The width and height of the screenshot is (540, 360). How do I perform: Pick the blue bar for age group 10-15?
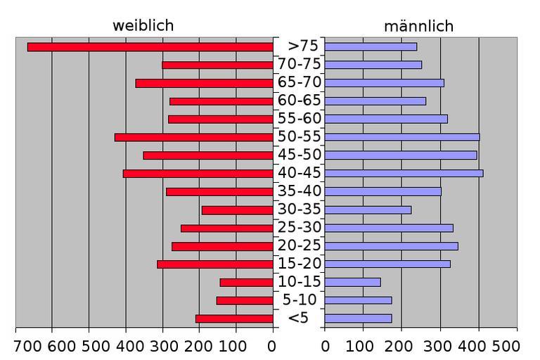click(x=352, y=282)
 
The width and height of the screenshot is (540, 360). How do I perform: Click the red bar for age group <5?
click(x=234, y=319)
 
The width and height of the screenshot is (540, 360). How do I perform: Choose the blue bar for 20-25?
click(x=391, y=246)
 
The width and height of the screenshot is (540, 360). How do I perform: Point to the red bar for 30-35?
click(x=237, y=210)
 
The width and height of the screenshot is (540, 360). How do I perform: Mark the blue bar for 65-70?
click(x=384, y=83)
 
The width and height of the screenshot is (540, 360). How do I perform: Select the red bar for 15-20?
click(x=214, y=264)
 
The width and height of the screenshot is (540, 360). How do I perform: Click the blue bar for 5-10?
click(x=358, y=300)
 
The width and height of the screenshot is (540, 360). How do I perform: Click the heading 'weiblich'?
click(x=143, y=26)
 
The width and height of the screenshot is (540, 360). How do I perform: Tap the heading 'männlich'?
click(x=418, y=27)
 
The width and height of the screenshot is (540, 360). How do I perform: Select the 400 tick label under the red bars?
click(x=127, y=346)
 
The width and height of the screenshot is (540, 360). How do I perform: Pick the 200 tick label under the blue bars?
click(x=401, y=346)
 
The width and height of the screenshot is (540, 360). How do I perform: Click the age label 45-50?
click(x=299, y=155)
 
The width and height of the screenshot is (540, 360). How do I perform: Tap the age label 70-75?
click(x=299, y=64)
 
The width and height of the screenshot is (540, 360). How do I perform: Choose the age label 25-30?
click(x=299, y=228)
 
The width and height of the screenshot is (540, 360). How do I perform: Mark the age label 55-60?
click(x=299, y=118)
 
